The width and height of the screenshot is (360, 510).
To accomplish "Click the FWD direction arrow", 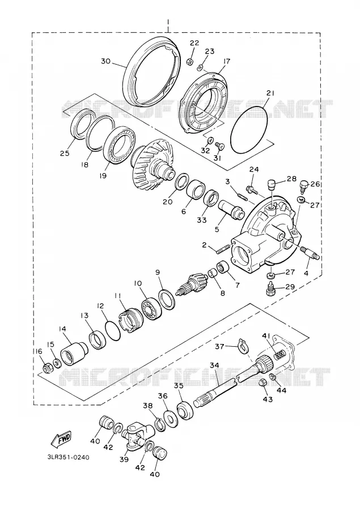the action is tap(61, 440).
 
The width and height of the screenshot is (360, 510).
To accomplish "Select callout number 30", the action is tap(106, 61).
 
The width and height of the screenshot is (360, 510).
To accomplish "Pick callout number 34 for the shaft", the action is tap(214, 365).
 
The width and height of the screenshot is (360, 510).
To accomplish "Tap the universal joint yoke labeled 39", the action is tap(135, 436).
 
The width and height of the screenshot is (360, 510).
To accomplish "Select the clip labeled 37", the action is tap(242, 346).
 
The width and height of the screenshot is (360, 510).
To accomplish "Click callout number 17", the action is tap(227, 61).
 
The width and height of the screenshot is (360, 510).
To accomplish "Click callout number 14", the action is tap(62, 329).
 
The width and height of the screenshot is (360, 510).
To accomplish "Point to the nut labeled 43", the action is tap(263, 384).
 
